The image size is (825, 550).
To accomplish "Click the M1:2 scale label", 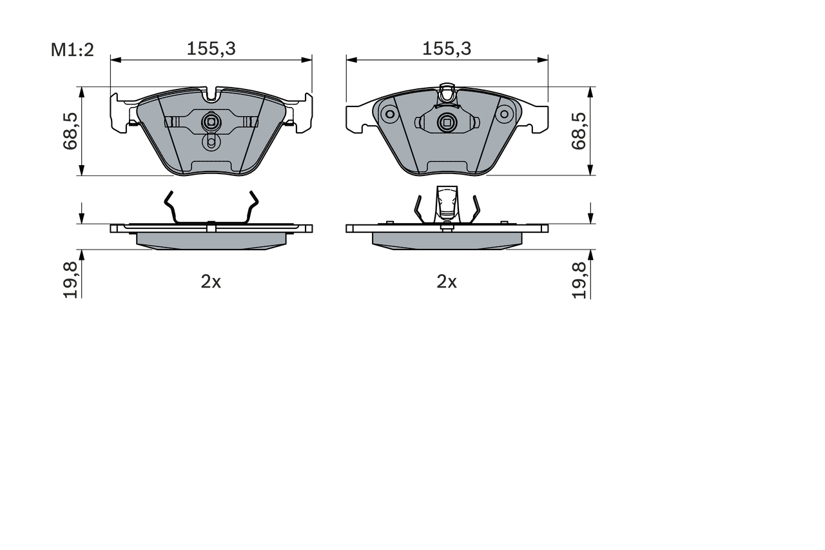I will tap(72, 49).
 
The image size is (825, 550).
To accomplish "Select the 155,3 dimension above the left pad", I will tap(211, 48).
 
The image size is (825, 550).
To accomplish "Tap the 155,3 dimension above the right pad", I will tap(447, 48).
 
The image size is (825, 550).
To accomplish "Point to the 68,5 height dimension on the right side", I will tap(579, 131).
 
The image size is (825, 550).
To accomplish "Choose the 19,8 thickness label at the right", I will tap(579, 279).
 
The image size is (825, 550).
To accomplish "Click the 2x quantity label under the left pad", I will tap(211, 282).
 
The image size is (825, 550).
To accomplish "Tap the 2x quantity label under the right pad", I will tap(447, 282).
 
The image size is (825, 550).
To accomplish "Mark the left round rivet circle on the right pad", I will tap(389, 115).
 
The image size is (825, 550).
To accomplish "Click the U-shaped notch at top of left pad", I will tap(211, 95).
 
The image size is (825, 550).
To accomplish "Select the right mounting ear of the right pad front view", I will tap(536, 119).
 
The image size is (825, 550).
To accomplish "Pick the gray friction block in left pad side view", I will tap(211, 240).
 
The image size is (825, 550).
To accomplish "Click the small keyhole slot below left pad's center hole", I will tap(211, 142).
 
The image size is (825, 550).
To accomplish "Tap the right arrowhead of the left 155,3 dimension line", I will tap(308, 60).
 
